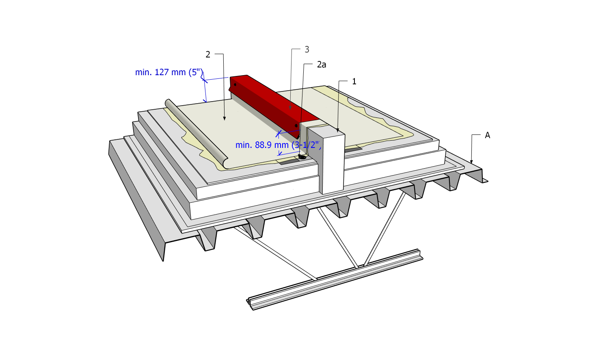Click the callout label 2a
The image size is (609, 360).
pos(322,65)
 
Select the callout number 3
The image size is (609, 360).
pos(307,50)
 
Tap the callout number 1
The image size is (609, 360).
pos(354,81)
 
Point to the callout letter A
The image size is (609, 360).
pos(488,135)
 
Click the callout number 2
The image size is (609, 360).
pos(208,55)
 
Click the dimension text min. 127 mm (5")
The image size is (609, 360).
pos(169,72)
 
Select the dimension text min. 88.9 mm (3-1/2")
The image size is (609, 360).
pos(278,145)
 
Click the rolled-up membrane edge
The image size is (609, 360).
pos(196,133)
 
